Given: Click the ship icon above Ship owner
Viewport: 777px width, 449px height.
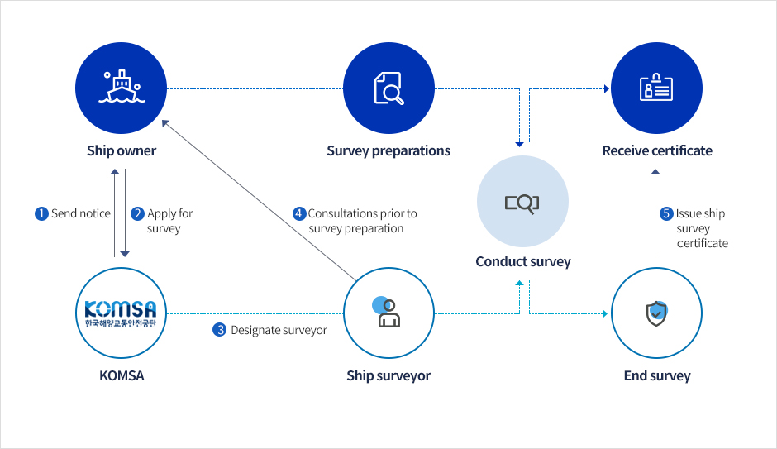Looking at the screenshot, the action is point(122,87).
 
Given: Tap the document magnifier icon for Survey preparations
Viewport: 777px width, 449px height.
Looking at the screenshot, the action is point(388,88).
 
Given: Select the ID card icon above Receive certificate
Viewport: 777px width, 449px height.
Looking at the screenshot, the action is point(656,87).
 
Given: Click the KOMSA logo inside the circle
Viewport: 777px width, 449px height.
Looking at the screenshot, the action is point(121,313).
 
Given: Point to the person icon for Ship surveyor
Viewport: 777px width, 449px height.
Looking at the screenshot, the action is point(387,313).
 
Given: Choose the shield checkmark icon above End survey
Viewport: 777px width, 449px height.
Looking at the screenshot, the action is point(656,313).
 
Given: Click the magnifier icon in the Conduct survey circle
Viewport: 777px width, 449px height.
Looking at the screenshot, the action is point(522,203).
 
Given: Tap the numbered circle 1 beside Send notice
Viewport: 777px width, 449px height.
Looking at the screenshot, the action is point(41,213).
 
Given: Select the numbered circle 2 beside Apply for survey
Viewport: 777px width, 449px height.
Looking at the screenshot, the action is point(137,213).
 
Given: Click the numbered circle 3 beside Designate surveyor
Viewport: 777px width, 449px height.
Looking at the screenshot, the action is point(220,330).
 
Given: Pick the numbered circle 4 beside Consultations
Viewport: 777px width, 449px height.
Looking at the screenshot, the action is point(298,213).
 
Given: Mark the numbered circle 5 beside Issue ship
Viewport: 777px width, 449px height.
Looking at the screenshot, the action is point(666,213).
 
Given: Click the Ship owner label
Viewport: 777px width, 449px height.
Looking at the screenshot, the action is point(122,150).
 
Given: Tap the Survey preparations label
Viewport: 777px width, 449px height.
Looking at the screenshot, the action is point(388,151).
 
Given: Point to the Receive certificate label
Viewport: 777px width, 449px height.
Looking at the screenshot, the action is point(657,150).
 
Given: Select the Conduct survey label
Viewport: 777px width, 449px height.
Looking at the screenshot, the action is point(523,261).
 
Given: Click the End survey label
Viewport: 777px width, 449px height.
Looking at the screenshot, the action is point(657,375).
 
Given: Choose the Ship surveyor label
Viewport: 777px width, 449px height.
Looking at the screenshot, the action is point(388,375).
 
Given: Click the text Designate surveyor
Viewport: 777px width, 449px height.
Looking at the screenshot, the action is point(279,330).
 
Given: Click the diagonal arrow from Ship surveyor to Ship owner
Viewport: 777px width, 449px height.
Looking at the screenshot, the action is point(260,200).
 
